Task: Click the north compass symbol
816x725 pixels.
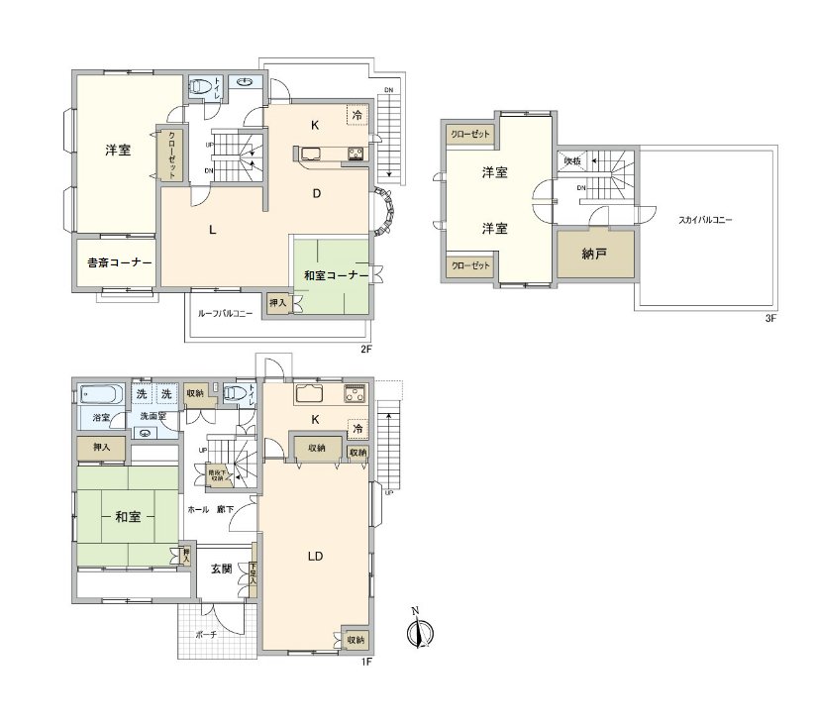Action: pos(420,631)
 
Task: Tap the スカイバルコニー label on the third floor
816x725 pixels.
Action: pos(705,220)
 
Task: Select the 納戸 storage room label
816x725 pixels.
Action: pos(593,254)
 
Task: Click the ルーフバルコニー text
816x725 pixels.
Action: pos(226,313)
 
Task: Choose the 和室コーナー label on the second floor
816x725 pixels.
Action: pos(336,274)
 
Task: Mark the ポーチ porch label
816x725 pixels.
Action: pos(206,634)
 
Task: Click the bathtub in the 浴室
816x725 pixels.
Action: pos(100,394)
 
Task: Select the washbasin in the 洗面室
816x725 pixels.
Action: pos(146,433)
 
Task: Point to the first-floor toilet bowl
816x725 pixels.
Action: pos(234,393)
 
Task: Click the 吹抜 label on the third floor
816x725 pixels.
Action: pos(571,160)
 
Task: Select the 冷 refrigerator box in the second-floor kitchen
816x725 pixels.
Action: pos(356,115)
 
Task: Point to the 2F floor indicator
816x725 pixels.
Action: pos(364,349)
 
